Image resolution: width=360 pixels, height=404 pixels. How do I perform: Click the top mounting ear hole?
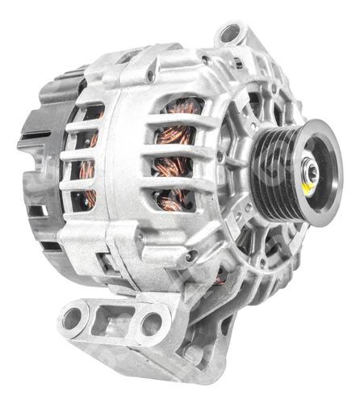[231, 34]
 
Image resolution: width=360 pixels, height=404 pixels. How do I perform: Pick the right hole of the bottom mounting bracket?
[151, 324]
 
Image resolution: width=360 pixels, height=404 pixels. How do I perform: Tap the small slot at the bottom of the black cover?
[36, 211]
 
